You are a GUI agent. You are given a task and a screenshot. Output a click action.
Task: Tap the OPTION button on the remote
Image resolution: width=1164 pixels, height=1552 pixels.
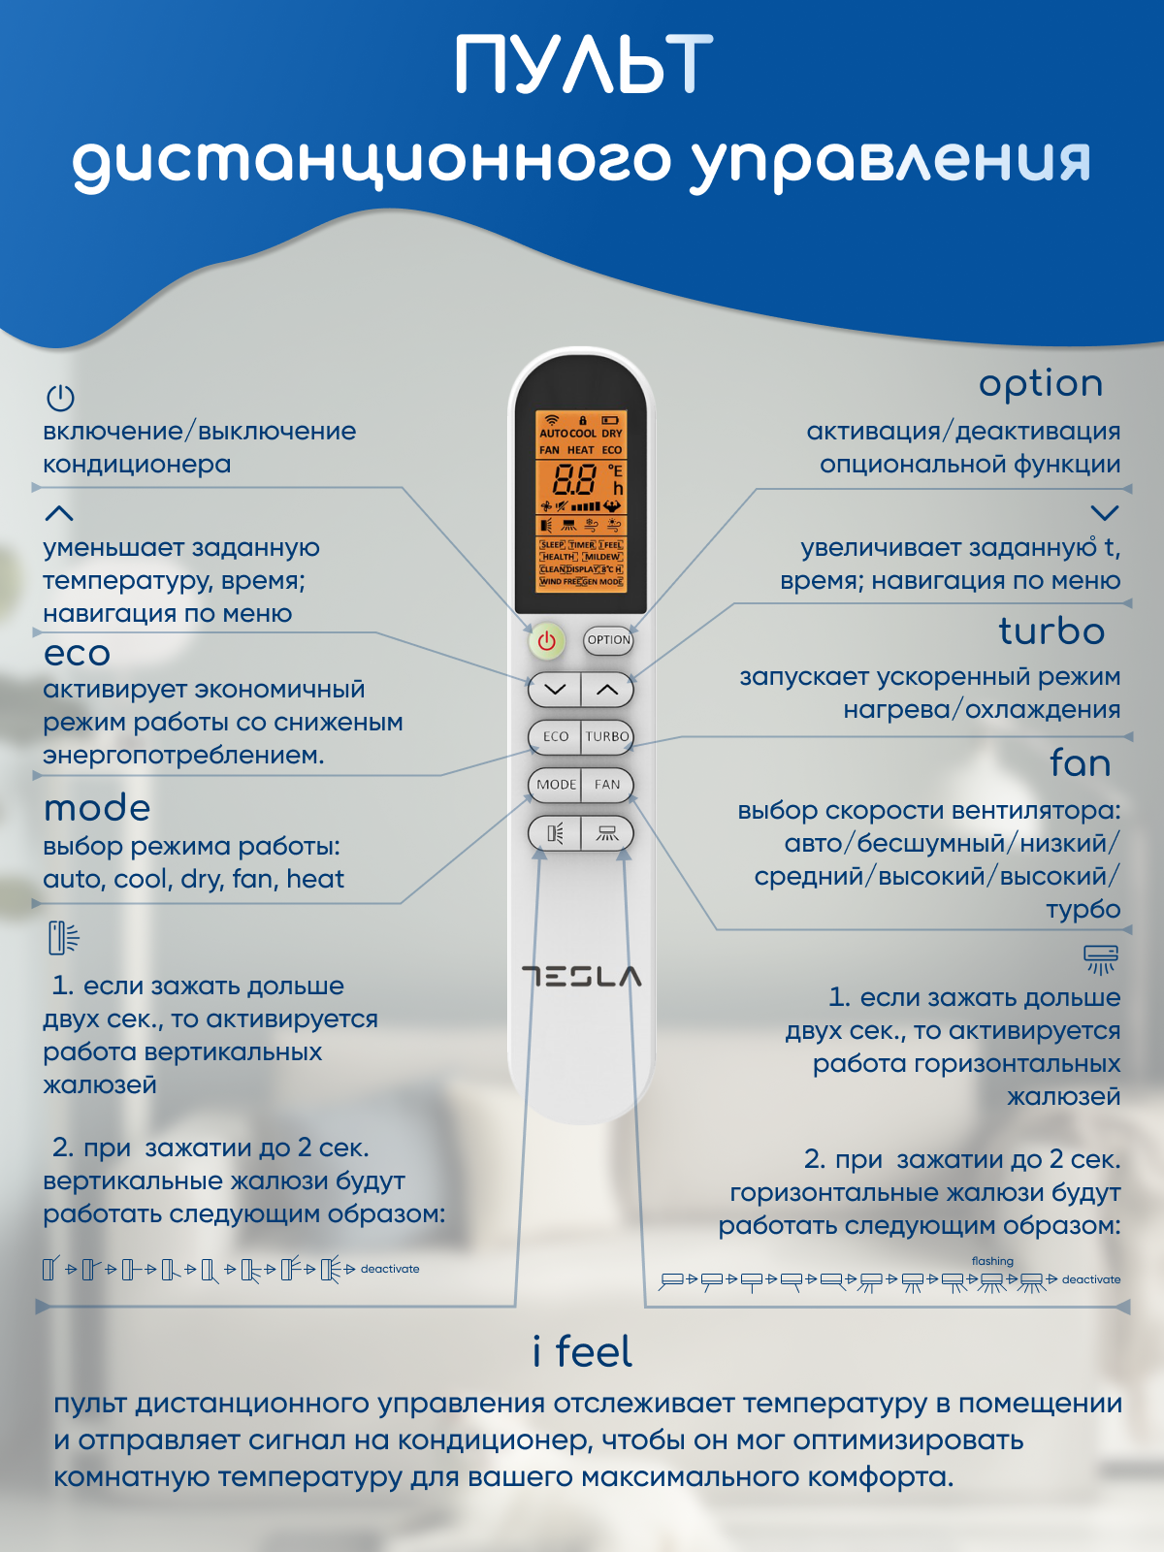pos(608,640)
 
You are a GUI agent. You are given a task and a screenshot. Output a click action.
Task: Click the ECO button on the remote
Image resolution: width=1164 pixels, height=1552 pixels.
pos(556,736)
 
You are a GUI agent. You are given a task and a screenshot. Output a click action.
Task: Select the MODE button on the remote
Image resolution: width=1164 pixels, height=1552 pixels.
pos(556,785)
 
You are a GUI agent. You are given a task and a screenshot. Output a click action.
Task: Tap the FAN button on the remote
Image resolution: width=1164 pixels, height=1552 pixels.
pos(607,785)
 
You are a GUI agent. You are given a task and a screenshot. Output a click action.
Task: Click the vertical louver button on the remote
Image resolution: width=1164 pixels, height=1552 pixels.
pos(556,833)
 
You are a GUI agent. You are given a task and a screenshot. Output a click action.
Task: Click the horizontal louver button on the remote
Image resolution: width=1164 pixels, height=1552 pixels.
pos(607,833)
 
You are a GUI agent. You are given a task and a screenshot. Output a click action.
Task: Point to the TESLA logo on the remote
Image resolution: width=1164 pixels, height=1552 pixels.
pos(581,976)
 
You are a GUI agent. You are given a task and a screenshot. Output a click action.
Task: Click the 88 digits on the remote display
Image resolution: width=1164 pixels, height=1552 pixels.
pos(574,479)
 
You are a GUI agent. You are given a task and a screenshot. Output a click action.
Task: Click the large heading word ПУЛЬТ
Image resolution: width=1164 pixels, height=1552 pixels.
pos(583,66)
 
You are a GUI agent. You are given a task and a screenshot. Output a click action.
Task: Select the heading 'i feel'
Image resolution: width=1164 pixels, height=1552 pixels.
pos(582,1351)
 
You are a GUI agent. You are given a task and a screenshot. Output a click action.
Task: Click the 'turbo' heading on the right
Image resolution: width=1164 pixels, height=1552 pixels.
pos(1051,631)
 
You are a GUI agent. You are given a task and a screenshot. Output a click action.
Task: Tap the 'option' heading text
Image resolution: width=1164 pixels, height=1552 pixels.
pos(1041,384)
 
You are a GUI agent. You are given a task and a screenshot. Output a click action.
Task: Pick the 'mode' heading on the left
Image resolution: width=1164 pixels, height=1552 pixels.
pos(97,808)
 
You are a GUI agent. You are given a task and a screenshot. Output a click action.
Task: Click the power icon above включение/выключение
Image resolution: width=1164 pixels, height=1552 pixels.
pos(60,398)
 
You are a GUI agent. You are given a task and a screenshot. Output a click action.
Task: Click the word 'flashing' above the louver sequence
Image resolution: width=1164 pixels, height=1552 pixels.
pos(992,1261)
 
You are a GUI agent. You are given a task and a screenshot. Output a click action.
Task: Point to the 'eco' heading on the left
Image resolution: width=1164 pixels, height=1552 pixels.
pos(77,654)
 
